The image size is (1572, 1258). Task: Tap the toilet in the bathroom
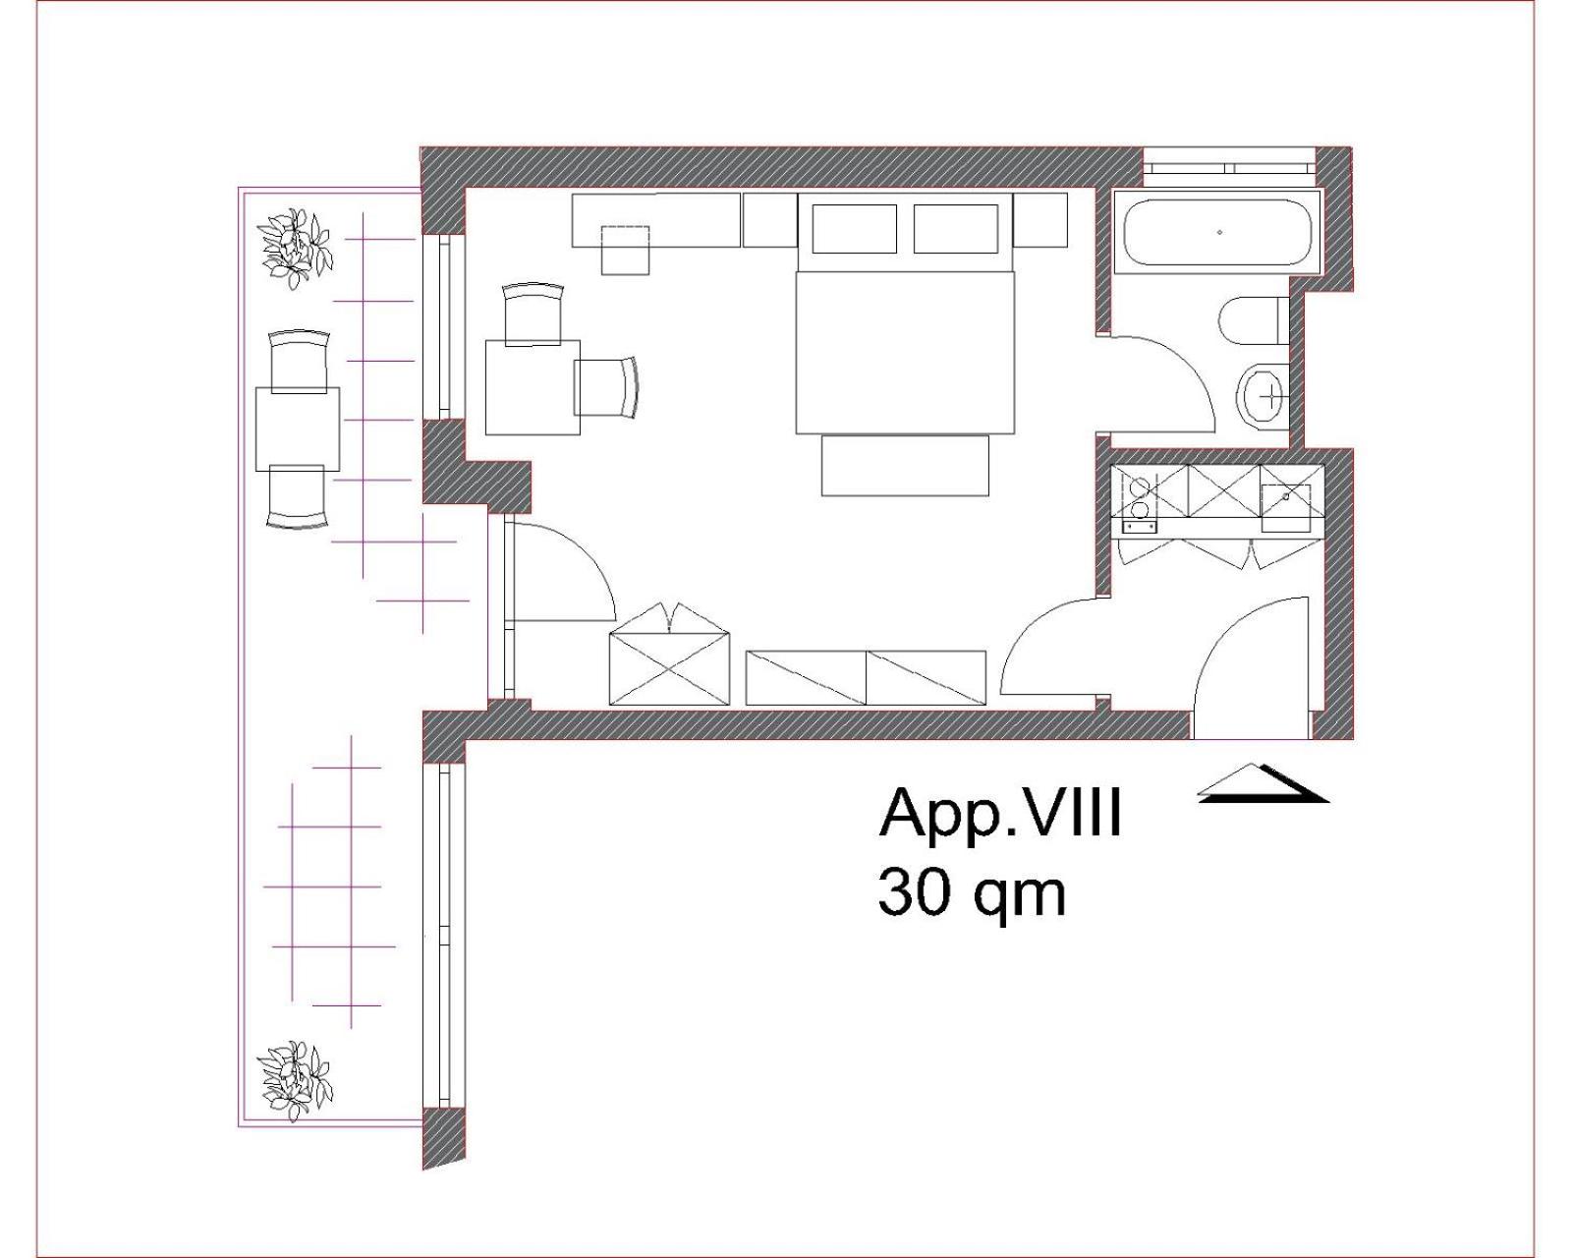[x=1254, y=321]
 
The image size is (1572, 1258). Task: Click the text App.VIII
[x=999, y=812]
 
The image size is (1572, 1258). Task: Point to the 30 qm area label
[x=972, y=892]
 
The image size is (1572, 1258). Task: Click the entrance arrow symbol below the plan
[x=1263, y=783]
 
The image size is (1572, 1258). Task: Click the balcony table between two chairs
[x=298, y=429]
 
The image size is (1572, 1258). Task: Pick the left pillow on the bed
[x=854, y=229]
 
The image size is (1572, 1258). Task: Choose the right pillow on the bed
[x=956, y=229]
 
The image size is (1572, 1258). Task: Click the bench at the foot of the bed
[x=905, y=465]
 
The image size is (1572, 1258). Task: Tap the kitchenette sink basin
[x=1286, y=500]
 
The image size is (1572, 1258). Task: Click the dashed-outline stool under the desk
[x=625, y=250]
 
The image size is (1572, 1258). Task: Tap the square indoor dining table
[x=533, y=387]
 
